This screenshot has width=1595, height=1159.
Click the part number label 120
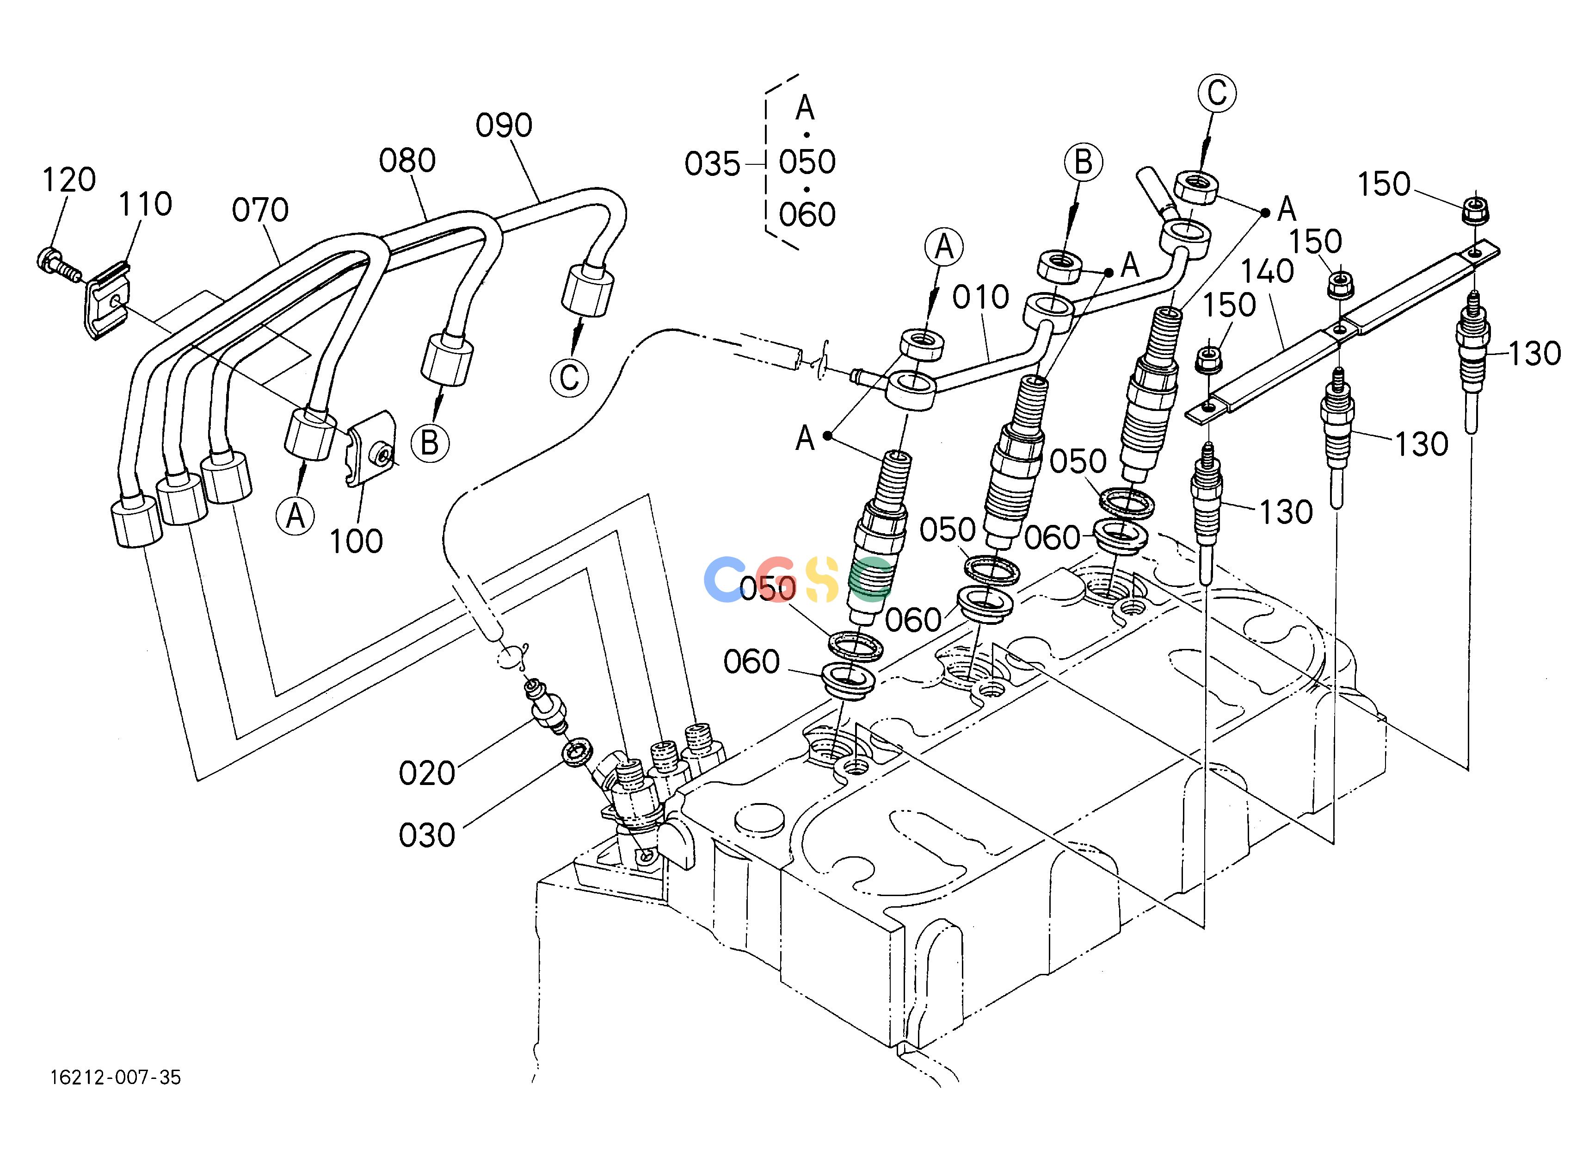click(69, 180)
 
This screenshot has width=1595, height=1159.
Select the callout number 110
click(145, 204)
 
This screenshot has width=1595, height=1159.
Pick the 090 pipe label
click(504, 125)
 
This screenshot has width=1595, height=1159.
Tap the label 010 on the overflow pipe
click(980, 298)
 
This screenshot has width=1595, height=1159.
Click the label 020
click(427, 774)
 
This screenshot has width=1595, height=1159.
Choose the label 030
click(427, 836)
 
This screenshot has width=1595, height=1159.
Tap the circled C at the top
click(1217, 93)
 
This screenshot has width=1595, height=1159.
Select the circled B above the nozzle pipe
click(1083, 162)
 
